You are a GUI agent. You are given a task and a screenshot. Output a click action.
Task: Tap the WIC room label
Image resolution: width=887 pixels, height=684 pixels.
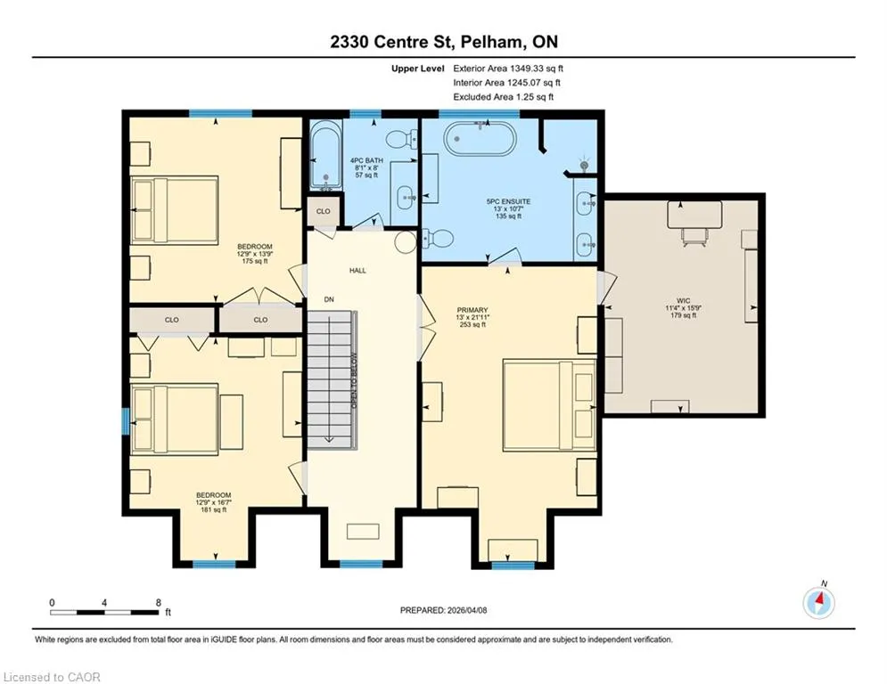(x=684, y=301)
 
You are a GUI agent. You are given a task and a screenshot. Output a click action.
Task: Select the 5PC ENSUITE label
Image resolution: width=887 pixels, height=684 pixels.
(x=508, y=201)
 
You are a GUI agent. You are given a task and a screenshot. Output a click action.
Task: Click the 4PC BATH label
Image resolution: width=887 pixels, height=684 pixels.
(x=366, y=160)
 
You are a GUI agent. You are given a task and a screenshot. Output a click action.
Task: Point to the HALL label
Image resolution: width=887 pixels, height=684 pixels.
(x=357, y=271)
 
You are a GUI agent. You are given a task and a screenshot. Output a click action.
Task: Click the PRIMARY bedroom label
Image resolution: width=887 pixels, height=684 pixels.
(x=472, y=310)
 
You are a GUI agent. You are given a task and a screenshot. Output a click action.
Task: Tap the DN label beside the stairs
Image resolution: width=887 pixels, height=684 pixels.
(x=329, y=299)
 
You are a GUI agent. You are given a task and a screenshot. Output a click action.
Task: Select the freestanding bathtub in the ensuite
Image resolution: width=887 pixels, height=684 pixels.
(x=480, y=137)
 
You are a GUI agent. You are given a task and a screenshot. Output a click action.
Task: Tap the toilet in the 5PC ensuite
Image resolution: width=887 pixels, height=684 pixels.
(x=438, y=239)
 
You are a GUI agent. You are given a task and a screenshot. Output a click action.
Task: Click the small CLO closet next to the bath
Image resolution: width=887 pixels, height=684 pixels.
(x=323, y=211)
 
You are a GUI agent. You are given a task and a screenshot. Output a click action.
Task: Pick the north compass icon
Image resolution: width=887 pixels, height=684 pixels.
(x=818, y=603)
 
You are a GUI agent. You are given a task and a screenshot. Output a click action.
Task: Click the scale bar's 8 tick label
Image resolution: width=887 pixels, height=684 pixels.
(x=159, y=603)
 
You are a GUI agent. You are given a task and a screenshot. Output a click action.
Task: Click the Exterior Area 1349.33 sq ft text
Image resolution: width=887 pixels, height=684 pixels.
(x=508, y=69)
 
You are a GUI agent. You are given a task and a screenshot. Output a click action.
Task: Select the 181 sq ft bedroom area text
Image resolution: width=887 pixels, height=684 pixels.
(x=213, y=509)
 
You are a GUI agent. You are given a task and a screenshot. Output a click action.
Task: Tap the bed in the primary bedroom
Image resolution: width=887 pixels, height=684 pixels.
(x=549, y=404)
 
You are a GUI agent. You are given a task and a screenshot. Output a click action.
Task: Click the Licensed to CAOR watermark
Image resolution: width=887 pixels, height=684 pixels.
(x=52, y=677)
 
